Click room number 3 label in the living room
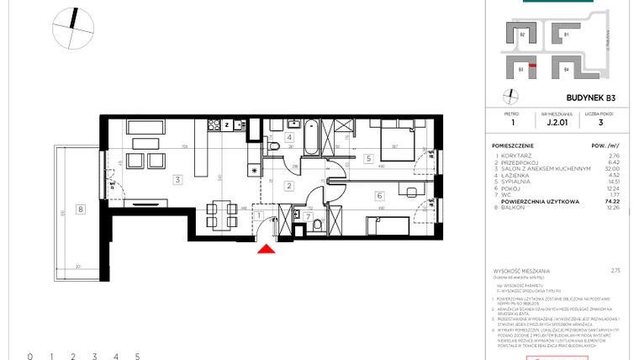(177, 179)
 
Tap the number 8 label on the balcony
(79, 209)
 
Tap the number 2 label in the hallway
(288, 186)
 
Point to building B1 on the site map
(566, 35)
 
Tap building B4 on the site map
(566, 69)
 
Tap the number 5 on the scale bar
(137, 357)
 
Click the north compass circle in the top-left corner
(73, 29)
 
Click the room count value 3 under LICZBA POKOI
(599, 123)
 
